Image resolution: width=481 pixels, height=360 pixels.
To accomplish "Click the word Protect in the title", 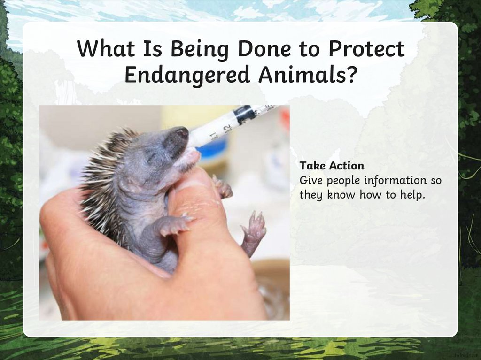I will [366, 49].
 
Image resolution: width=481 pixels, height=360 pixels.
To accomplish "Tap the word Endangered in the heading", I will [186, 75].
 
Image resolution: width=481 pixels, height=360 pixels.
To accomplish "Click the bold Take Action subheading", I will [332, 166].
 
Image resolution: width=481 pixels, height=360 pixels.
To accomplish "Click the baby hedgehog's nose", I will [181, 134].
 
